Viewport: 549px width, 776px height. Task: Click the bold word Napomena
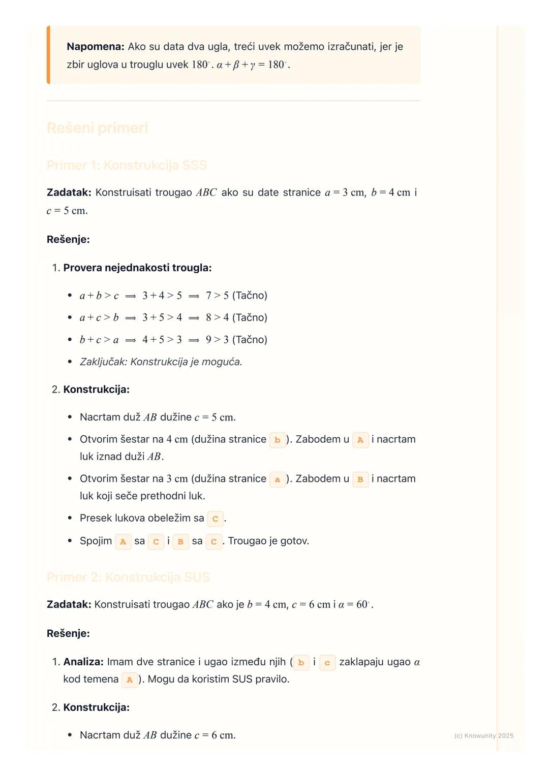click(95, 47)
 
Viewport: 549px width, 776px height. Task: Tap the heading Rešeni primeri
click(97, 128)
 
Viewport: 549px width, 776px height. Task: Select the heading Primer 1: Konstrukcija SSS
click(127, 165)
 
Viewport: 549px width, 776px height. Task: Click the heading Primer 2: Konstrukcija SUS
click(128, 577)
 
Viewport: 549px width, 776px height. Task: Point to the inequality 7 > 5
click(217, 296)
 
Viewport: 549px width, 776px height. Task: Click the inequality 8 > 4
click(217, 317)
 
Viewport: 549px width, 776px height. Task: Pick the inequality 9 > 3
click(217, 340)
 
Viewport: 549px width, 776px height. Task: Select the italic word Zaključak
click(103, 362)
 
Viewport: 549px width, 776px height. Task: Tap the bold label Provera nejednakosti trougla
click(137, 268)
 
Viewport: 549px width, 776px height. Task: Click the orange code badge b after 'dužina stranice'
click(277, 440)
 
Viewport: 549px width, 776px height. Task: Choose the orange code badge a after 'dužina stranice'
click(277, 479)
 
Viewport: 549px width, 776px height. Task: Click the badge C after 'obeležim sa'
click(215, 519)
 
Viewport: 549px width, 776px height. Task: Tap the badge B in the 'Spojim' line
click(180, 541)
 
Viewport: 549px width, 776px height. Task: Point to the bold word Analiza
click(83, 662)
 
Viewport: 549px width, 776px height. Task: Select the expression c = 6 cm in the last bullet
click(215, 735)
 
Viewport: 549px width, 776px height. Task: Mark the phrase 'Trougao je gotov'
click(268, 541)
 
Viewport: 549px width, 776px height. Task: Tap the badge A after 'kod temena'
click(130, 680)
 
